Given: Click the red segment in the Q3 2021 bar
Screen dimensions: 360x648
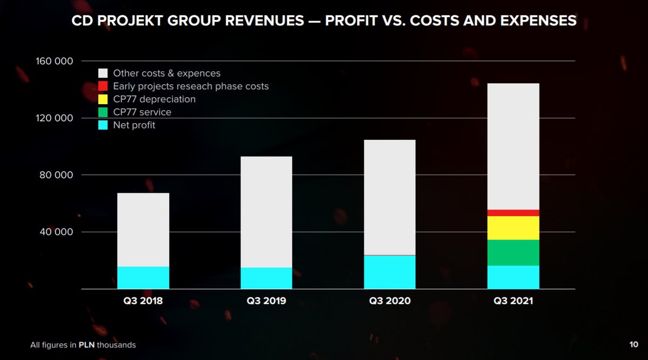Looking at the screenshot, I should [513, 213].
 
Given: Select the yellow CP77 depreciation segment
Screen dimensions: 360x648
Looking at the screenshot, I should [513, 228].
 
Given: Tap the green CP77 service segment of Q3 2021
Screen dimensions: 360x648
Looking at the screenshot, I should [513, 253].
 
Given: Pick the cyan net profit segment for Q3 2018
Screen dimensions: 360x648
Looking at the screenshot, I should [143, 277].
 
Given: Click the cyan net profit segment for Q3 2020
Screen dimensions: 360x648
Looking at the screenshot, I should [389, 272].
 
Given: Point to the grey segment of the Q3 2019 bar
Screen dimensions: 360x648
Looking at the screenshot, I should [266, 212].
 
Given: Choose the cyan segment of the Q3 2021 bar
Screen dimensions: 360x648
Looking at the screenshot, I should [513, 277].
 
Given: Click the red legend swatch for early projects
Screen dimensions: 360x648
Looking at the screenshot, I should [103, 86].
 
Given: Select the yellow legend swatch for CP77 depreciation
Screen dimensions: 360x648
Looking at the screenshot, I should [103, 99].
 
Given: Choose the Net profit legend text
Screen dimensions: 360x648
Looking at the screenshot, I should [134, 125].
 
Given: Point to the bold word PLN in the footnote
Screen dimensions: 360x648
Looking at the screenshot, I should [87, 345].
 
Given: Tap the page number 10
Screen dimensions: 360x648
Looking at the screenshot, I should [634, 344].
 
